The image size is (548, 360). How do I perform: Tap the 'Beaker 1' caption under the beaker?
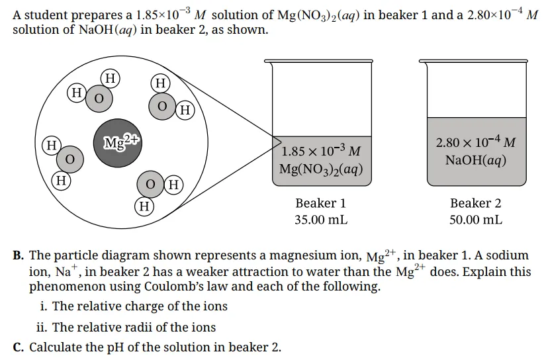pyautogui.click(x=320, y=203)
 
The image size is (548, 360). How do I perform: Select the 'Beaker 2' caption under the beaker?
pyautogui.click(x=475, y=203)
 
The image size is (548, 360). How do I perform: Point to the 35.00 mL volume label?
pyautogui.click(x=320, y=220)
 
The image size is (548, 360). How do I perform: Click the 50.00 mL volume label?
pyautogui.click(x=475, y=220)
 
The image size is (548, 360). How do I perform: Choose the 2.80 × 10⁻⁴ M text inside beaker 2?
pyautogui.click(x=476, y=142)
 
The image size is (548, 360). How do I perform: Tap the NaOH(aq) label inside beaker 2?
pyautogui.click(x=476, y=160)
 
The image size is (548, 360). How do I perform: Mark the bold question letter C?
pyautogui.click(x=19, y=347)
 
